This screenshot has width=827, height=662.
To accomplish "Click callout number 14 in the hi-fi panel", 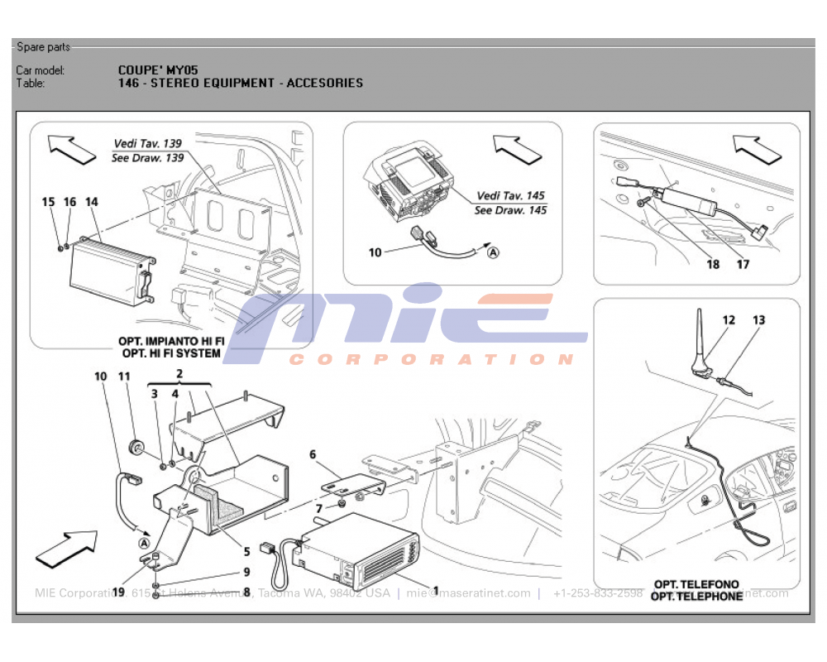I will pyautogui.click(x=91, y=202).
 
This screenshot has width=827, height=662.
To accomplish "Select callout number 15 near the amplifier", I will pyautogui.click(x=49, y=202).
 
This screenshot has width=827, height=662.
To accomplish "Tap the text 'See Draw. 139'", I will pyautogui.click(x=147, y=157).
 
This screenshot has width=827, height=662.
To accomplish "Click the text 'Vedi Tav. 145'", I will pyautogui.click(x=510, y=196).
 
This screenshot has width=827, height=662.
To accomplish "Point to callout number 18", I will pyautogui.click(x=713, y=265).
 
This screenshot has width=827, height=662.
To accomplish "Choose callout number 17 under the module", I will pyautogui.click(x=743, y=265).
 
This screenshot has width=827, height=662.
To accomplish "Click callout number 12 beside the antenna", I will pyautogui.click(x=729, y=319).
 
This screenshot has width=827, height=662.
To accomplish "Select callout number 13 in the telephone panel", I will pyautogui.click(x=759, y=319).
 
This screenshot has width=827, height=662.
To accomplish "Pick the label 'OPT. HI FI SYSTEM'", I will pyautogui.click(x=171, y=353).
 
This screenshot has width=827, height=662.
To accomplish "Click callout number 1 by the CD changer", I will pyautogui.click(x=436, y=592).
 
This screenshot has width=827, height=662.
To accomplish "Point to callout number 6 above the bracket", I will pyautogui.click(x=313, y=454).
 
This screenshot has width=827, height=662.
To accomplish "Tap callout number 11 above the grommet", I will pyautogui.click(x=125, y=377).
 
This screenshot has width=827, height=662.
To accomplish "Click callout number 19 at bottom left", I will pyautogui.click(x=118, y=592).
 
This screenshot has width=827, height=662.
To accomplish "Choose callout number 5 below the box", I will pyautogui.click(x=246, y=552).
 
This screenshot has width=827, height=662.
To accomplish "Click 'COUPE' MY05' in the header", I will pyautogui.click(x=158, y=70).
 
